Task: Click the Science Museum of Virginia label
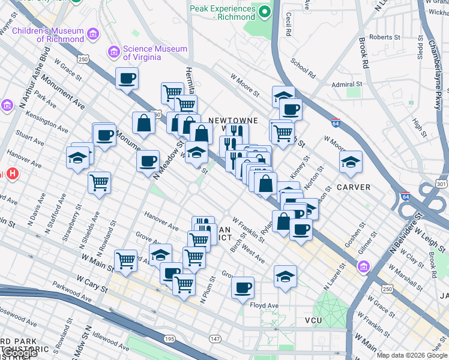142,53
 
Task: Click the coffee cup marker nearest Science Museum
127,78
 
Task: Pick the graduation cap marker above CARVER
351,161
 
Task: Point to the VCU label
313,320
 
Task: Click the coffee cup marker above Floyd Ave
243,287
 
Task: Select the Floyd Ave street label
264,305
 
